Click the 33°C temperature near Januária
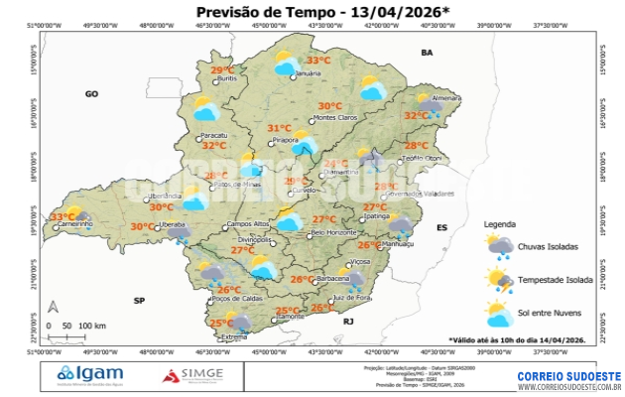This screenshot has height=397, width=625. (318, 60)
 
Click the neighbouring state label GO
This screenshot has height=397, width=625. (91, 93)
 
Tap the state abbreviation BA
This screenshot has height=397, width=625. (428, 52)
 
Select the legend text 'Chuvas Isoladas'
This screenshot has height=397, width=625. (550, 245)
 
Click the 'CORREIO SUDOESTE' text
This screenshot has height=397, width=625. (568, 376)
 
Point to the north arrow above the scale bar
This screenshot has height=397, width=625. (54, 307)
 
